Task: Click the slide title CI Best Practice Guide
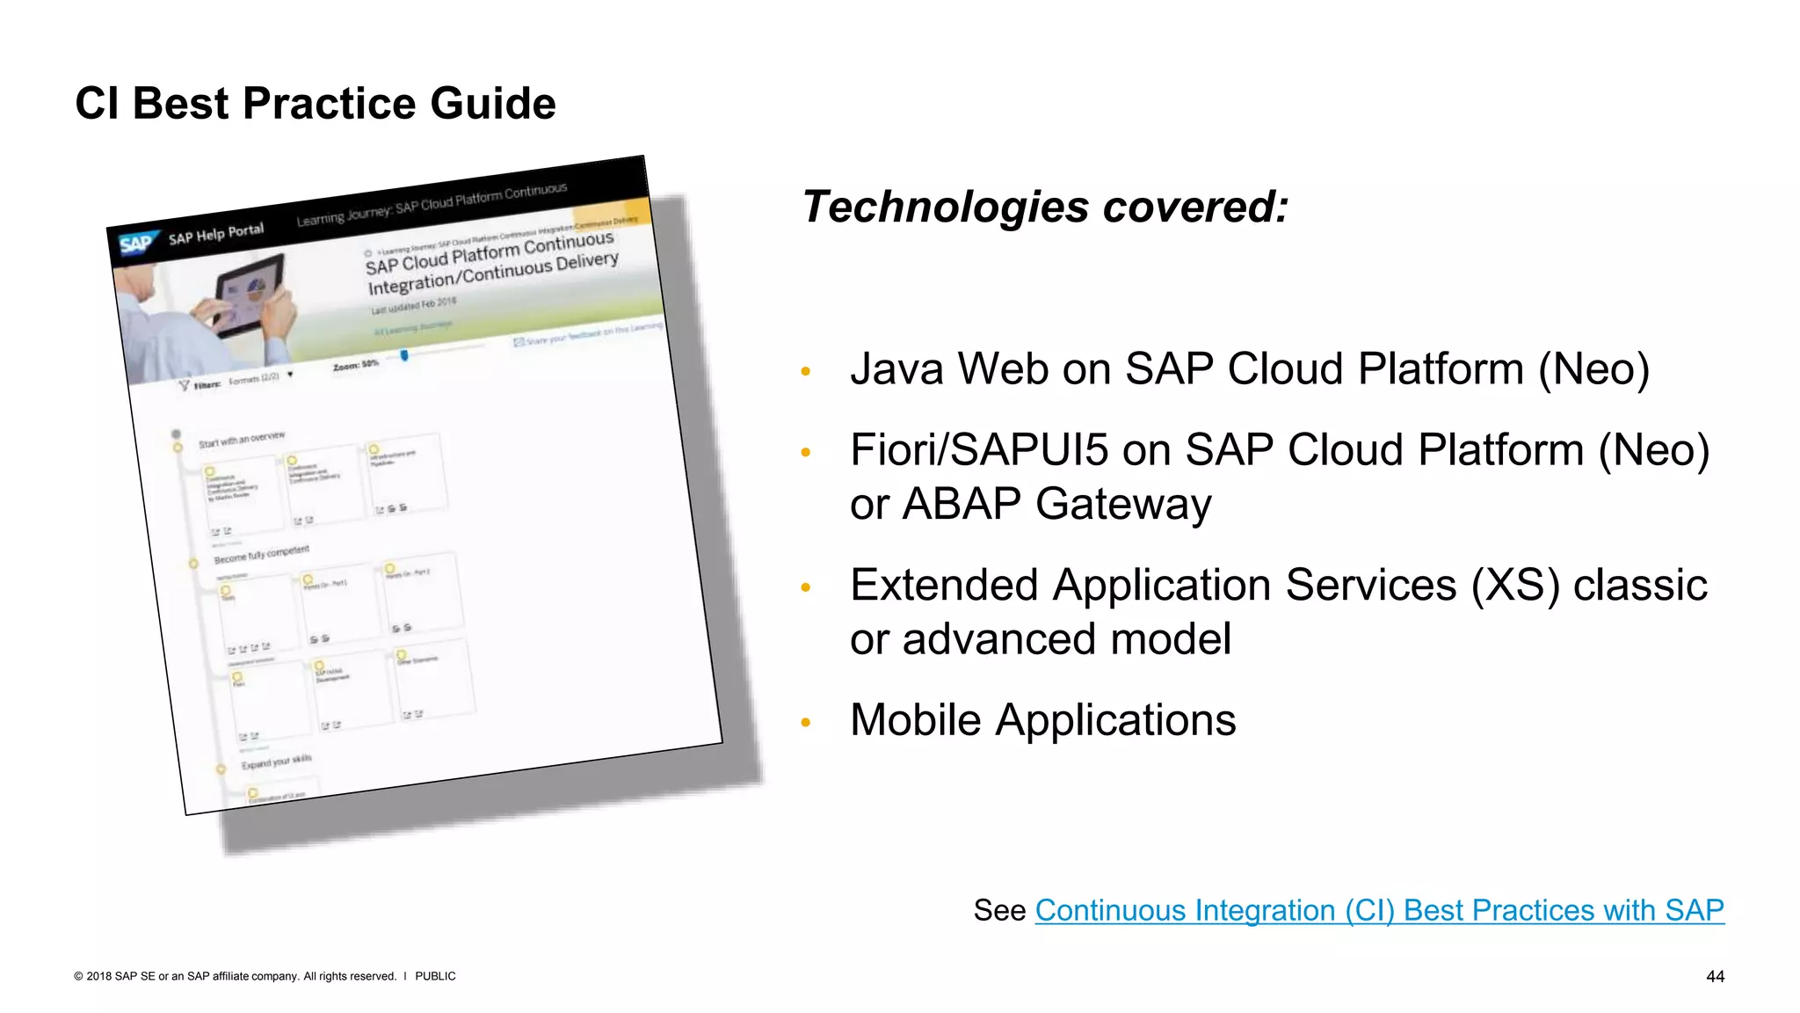coord(315,104)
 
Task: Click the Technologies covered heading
coord(1044,208)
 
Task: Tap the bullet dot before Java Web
coord(805,372)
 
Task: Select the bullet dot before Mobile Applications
coord(805,723)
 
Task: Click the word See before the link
coord(999,910)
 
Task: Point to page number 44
coord(1714,976)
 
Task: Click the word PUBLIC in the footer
coord(435,976)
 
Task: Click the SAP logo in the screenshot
coord(137,244)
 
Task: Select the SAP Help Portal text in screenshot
coord(216,234)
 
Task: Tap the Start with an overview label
coord(242,439)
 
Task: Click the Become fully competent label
coord(262,554)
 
